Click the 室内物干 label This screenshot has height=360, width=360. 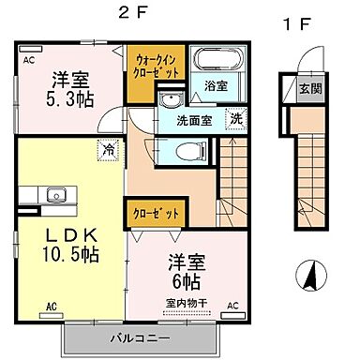185,302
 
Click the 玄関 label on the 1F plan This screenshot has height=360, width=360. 310,91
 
